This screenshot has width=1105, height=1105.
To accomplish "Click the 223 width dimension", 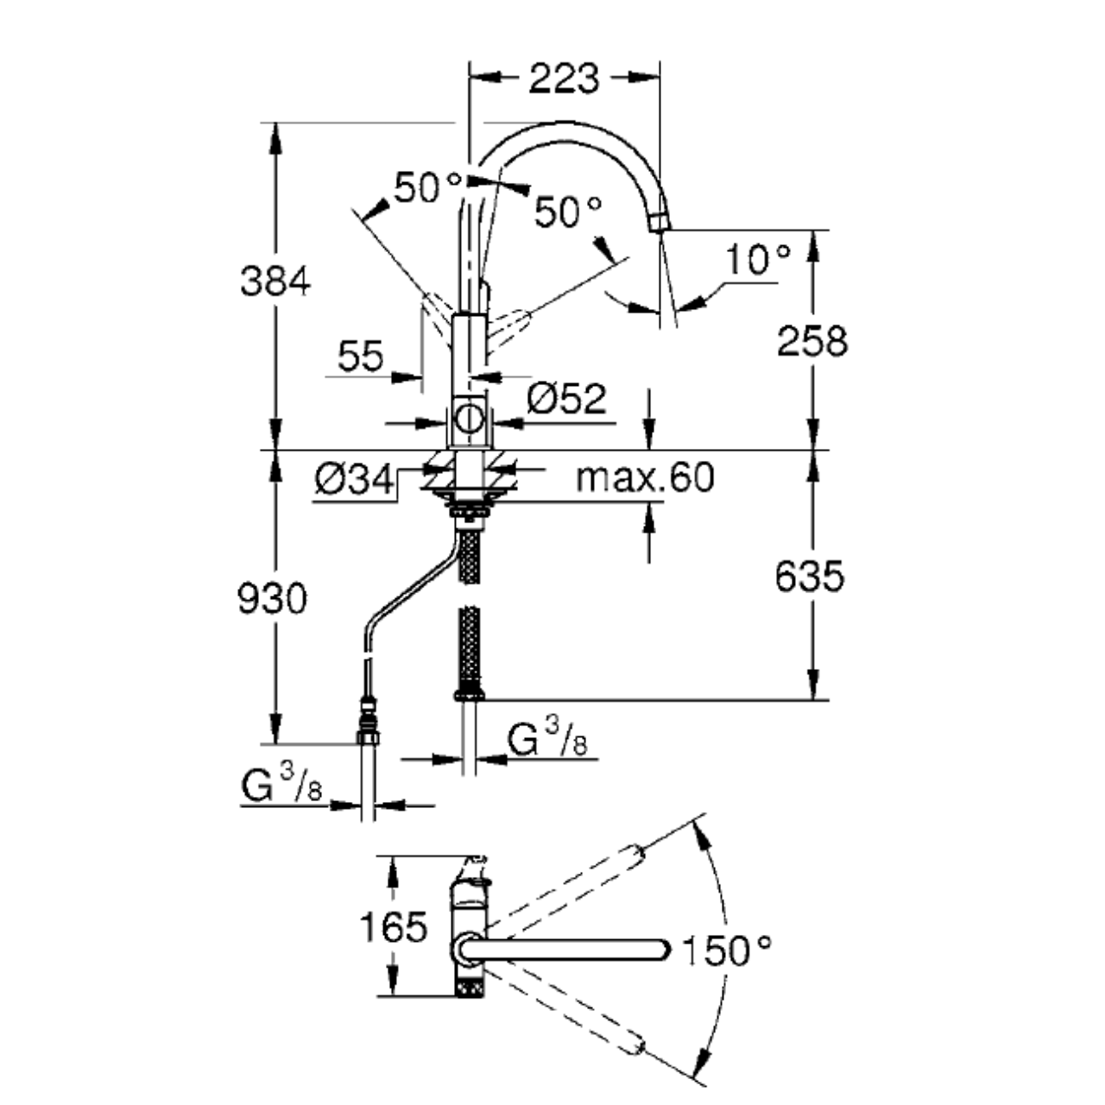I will click(563, 79).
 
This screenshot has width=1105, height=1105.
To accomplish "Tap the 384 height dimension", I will click(275, 281).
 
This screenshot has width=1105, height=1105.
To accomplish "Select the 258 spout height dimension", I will click(812, 341).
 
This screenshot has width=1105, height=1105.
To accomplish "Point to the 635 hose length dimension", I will click(809, 576).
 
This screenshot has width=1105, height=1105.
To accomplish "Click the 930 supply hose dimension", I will click(272, 598).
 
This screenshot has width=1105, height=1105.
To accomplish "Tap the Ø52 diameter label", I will click(566, 399).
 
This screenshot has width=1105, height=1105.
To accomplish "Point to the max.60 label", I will click(645, 477).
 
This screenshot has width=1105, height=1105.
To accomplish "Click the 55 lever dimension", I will click(360, 357).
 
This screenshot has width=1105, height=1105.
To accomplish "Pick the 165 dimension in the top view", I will click(393, 927).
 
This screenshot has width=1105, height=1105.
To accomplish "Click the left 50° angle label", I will click(428, 187).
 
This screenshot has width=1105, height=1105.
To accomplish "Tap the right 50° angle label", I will click(567, 212).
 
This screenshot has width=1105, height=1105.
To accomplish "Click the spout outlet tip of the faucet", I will click(658, 222).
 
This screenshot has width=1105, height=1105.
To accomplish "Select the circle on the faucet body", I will click(470, 420).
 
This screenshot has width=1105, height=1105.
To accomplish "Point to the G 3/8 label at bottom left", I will click(281, 786).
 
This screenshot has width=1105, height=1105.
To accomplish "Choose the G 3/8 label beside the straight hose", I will click(547, 740).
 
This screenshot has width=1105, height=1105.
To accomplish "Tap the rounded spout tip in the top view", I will click(661, 950).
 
